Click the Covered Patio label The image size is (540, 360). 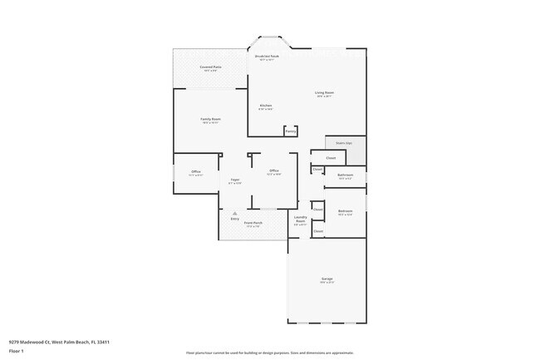click(x=210, y=67)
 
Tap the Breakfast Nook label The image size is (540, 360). click(x=266, y=57)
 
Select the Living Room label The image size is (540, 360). click(x=324, y=93)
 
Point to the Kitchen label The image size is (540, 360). click(x=266, y=106)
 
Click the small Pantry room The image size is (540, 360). click(x=290, y=131)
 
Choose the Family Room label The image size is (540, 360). click(x=210, y=120)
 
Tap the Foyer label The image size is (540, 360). click(x=235, y=180)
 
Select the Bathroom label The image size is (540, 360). click(x=346, y=175)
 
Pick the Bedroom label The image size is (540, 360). click(x=346, y=211)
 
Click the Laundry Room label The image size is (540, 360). click(x=301, y=220)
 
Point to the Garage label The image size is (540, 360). click(x=326, y=279)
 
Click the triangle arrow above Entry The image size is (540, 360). click(x=223, y=213)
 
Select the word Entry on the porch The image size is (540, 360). click(x=223, y=219)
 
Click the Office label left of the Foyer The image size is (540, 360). click(x=196, y=173)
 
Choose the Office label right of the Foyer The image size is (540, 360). click(x=274, y=172)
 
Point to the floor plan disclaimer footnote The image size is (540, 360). click(x=269, y=353)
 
